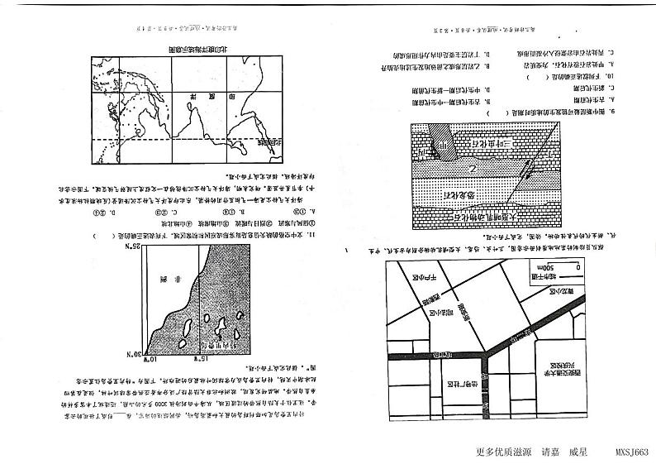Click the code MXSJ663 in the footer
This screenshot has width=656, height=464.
pos(633,452)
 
